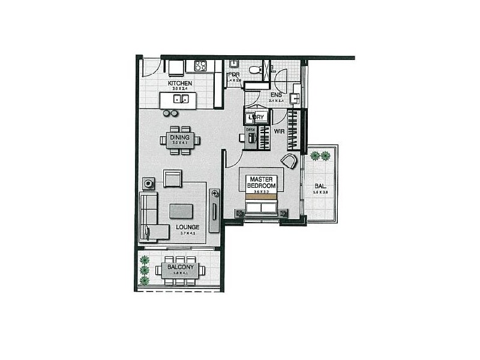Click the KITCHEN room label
(x=180, y=83)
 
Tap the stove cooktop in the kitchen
(x=200, y=66)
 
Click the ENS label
(x=276, y=95)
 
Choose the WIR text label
(x=279, y=130)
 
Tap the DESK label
(x=251, y=130)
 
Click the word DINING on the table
(x=176, y=137)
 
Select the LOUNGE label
(x=187, y=227)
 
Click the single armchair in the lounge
(x=173, y=178)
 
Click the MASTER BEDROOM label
(x=262, y=183)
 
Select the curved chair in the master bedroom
(x=289, y=161)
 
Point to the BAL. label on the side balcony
(x=320, y=187)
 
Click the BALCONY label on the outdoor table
(x=179, y=266)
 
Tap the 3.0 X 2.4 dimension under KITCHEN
(x=180, y=89)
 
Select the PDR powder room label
(x=233, y=74)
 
